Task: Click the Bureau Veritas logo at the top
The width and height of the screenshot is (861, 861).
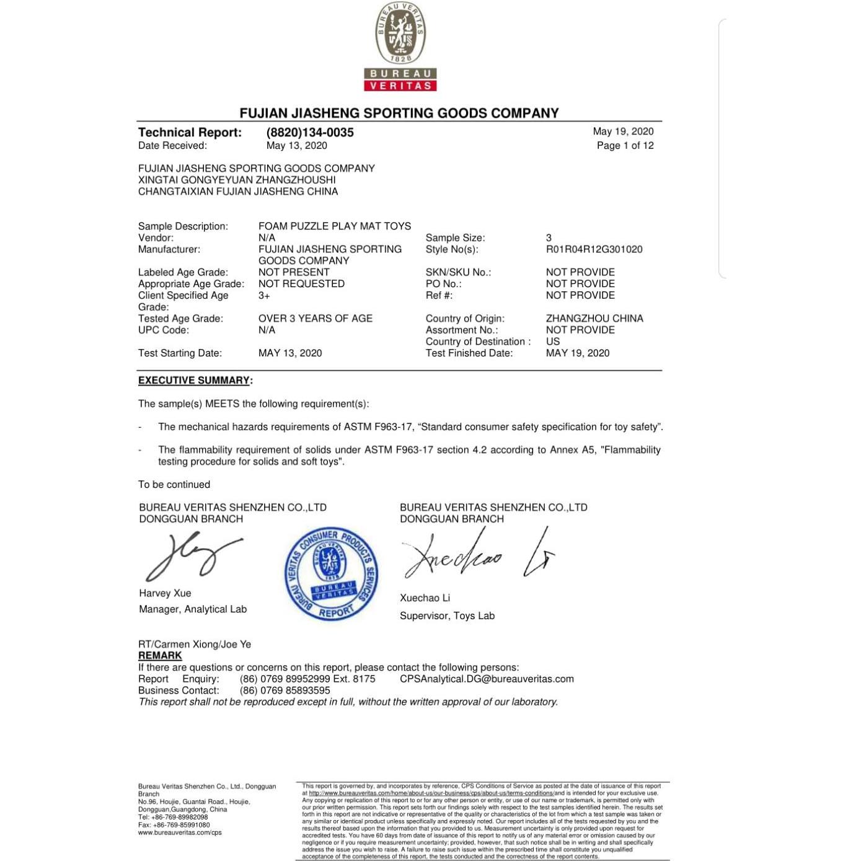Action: (x=400, y=47)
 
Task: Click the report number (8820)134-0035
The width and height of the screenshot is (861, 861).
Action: (x=310, y=132)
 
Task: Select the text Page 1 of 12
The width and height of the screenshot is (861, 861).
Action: (x=625, y=146)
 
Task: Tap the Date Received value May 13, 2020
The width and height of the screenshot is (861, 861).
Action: (x=296, y=146)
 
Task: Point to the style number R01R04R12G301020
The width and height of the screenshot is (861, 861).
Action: (x=594, y=249)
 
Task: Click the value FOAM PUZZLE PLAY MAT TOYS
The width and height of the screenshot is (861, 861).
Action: (x=335, y=226)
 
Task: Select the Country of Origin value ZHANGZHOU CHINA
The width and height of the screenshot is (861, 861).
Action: (x=594, y=319)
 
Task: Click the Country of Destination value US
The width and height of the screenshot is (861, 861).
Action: (x=552, y=342)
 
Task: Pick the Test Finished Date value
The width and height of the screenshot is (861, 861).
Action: (x=577, y=353)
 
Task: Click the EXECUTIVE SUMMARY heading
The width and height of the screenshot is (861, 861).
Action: (x=194, y=381)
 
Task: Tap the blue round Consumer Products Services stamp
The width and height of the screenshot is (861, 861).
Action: (x=332, y=574)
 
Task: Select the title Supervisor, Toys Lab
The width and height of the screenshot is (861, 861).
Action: (x=447, y=616)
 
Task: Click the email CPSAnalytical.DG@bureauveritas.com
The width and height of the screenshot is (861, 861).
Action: (x=487, y=679)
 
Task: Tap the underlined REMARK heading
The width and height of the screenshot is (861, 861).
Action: (x=160, y=656)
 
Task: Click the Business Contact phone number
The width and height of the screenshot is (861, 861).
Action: (x=285, y=691)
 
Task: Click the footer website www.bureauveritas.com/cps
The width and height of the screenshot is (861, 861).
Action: (x=180, y=832)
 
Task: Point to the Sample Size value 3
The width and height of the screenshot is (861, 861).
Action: (x=549, y=238)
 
